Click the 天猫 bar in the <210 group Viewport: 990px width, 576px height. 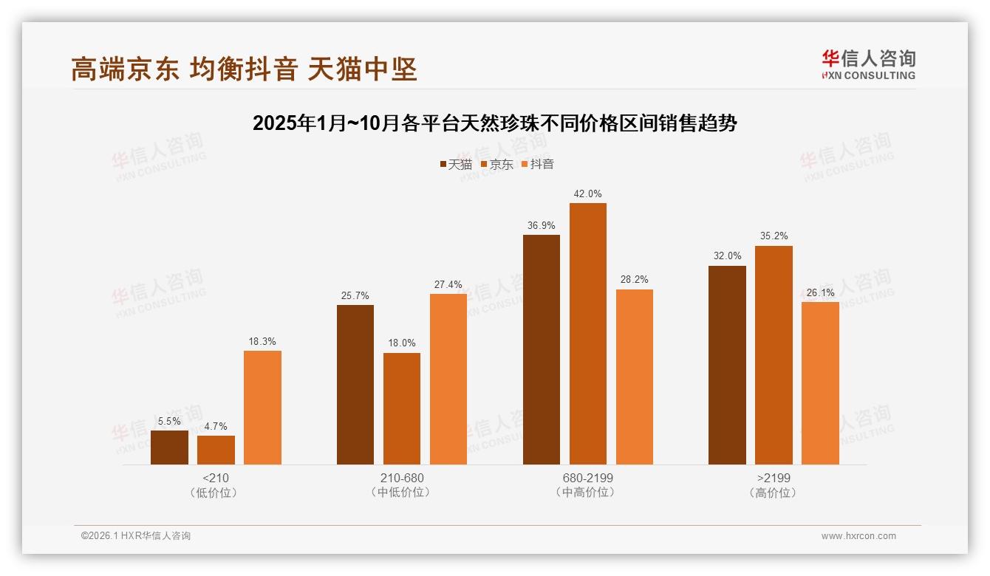click(169, 448)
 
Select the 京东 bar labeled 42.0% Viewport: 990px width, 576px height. click(587, 334)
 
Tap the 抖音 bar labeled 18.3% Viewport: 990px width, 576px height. click(262, 408)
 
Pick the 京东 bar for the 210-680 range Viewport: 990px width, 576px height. click(401, 408)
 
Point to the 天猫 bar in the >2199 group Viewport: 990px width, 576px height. click(727, 365)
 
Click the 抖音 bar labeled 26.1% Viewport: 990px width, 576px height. click(820, 383)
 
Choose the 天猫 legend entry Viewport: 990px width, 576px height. click(456, 164)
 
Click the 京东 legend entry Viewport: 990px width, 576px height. click(497, 164)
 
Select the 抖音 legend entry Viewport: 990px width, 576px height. click(538, 164)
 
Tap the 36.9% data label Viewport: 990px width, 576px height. click(541, 225)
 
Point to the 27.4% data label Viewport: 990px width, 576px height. click(448, 284)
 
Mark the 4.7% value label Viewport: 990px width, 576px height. click(216, 426)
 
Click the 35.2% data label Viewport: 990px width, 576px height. click(774, 236)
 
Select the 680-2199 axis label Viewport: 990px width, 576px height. click(587, 478)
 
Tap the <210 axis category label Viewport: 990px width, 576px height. click(215, 478)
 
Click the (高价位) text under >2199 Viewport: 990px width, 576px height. click(773, 493)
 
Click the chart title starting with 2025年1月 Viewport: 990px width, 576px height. click(494, 123)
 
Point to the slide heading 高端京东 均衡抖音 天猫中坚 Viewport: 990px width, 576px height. click(245, 69)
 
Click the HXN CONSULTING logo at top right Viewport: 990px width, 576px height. click(868, 64)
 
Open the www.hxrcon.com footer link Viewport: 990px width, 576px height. click(858, 536)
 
